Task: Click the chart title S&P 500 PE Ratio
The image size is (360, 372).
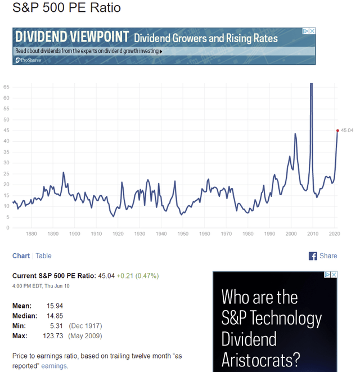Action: (x=66, y=9)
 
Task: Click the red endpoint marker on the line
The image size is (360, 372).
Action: (x=337, y=131)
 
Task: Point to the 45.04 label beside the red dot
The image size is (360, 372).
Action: (x=347, y=131)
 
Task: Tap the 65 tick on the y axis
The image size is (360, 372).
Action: (x=6, y=87)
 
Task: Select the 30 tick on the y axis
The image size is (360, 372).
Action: (x=6, y=163)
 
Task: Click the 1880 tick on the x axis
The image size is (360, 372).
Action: (x=31, y=234)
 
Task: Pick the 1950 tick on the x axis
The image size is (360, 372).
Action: (x=183, y=234)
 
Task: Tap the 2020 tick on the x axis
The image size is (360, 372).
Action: (x=334, y=234)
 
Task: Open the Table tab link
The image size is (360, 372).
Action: (x=43, y=256)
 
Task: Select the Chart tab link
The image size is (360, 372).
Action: (x=21, y=256)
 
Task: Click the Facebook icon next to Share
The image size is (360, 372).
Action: (x=313, y=256)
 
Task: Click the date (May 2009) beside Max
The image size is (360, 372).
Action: (x=85, y=336)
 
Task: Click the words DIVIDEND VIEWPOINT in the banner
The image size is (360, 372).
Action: (x=72, y=37)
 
